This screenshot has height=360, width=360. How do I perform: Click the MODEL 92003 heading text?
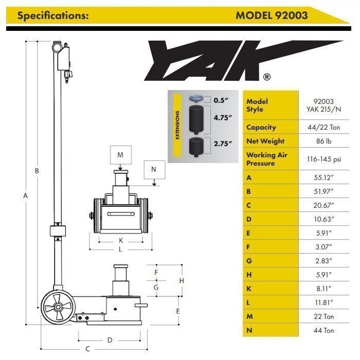coord(272,15)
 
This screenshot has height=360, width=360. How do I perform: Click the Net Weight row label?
coord(265,141)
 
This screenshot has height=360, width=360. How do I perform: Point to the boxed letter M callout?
coord(120,154)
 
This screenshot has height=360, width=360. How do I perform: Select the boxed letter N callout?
coord(154,168)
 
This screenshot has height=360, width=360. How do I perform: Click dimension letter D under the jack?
coord(110,340)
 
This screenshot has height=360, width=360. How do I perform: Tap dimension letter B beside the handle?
coord(37,171)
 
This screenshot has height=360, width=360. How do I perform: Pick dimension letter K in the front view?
coord(120,240)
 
